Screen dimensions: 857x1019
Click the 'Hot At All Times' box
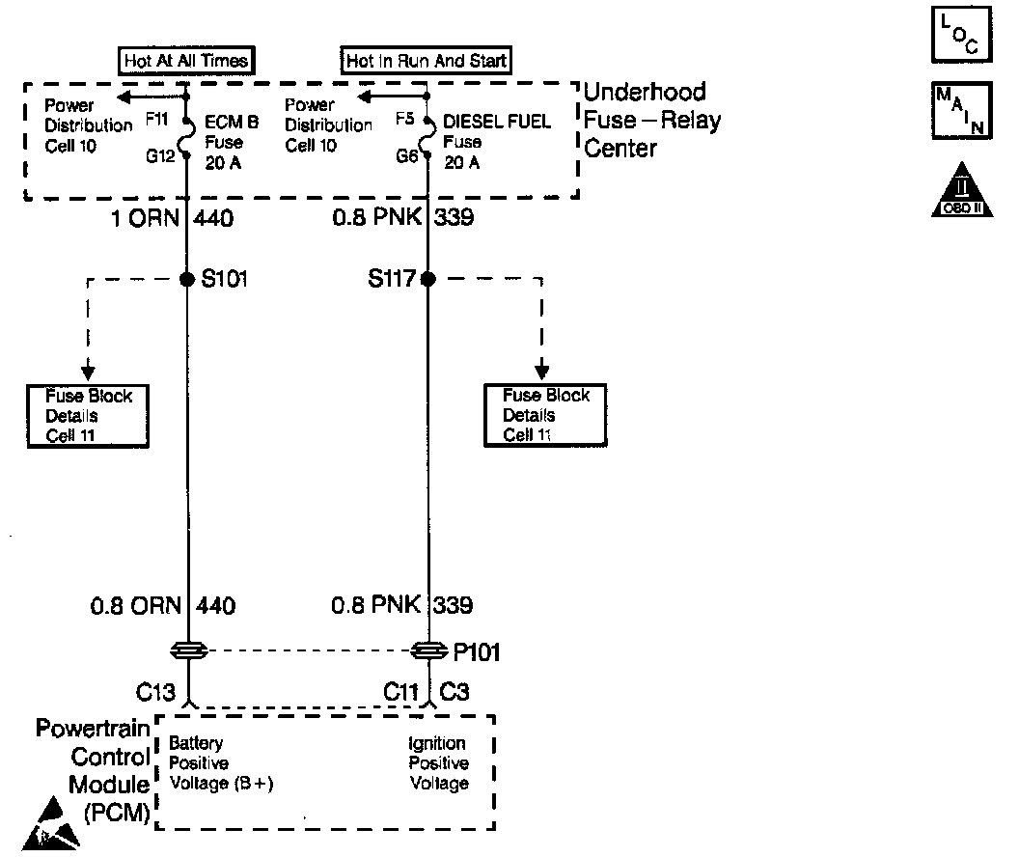(186, 61)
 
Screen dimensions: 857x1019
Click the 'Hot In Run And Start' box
(427, 61)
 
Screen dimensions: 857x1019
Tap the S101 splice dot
(187, 280)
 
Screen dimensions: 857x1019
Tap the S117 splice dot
(428, 280)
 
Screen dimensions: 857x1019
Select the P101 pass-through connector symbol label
(477, 652)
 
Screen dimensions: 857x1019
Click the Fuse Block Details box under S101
(88, 416)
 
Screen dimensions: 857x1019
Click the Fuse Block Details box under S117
(543, 416)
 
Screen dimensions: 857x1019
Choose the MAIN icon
(960, 111)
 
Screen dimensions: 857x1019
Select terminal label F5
(404, 123)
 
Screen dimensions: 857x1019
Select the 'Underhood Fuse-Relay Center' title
(651, 121)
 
